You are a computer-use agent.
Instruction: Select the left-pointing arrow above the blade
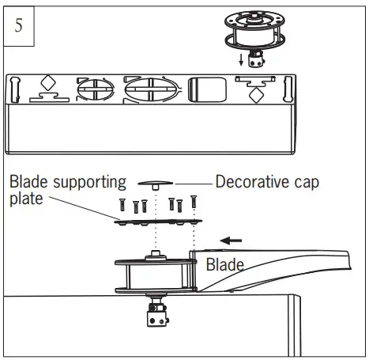click(x=231, y=238)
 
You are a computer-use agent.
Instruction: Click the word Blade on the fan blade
click(x=225, y=266)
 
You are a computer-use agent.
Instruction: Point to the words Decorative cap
click(x=267, y=183)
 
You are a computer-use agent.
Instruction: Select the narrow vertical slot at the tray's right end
click(x=288, y=89)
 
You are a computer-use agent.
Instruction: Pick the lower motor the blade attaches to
click(x=154, y=275)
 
